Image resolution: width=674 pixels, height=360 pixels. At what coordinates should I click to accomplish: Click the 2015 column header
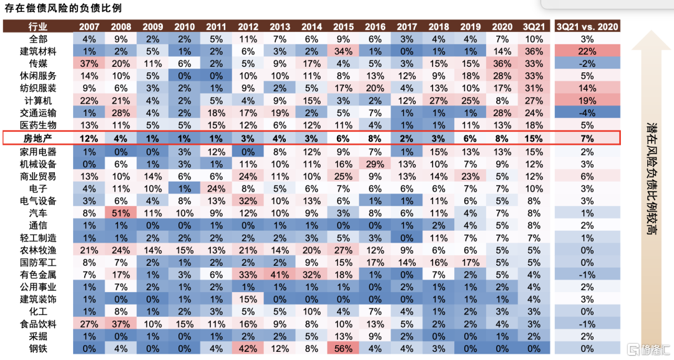343,27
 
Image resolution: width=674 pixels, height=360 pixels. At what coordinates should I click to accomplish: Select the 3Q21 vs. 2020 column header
587,27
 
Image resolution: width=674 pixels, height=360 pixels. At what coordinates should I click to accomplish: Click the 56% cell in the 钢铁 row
343,348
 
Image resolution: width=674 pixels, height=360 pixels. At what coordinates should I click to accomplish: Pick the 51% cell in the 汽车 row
120,213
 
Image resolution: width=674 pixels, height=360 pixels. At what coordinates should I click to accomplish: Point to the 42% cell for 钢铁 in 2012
248,348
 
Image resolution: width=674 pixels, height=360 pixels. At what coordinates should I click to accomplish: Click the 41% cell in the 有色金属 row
280,275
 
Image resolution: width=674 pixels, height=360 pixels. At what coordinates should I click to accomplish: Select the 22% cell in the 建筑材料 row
587,51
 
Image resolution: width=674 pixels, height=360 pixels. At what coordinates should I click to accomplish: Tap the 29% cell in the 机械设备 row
375,164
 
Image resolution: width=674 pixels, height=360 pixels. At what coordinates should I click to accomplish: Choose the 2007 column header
89,27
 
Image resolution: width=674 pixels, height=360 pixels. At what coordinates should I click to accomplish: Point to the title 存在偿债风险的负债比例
63,8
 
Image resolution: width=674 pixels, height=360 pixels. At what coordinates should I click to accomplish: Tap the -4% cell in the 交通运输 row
587,112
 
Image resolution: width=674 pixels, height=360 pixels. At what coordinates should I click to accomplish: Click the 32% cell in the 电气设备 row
248,201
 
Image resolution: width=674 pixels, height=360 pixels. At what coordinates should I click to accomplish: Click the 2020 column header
502,27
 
